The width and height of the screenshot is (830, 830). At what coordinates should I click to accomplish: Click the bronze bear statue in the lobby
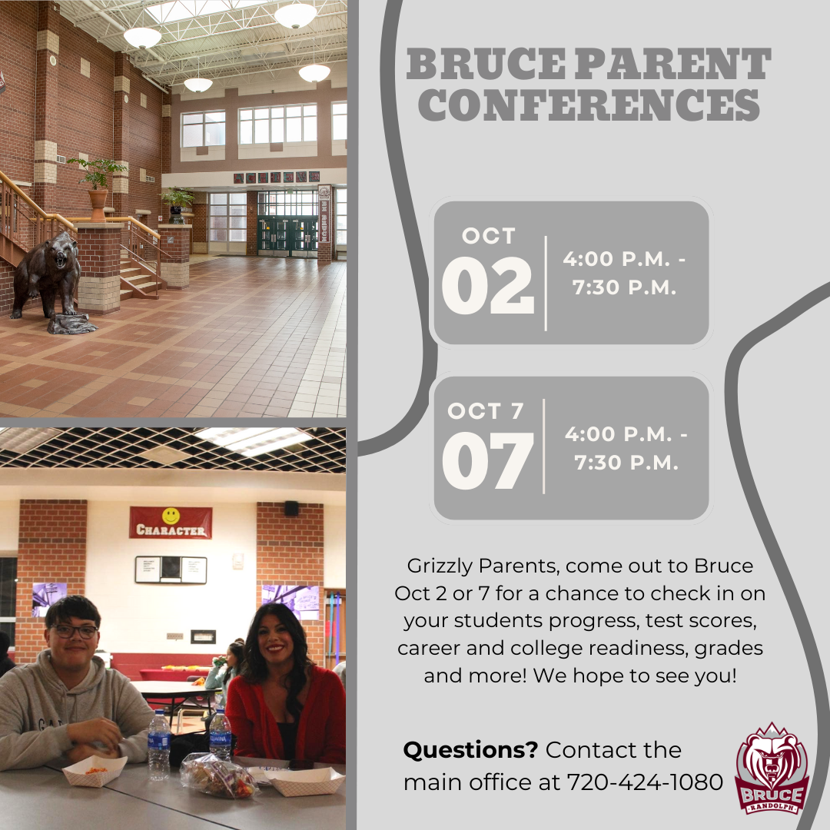50,277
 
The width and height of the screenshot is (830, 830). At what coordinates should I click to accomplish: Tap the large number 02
487,286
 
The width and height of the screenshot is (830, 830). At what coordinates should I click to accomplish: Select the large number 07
487,462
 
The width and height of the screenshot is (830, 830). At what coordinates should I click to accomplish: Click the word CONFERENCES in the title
593,105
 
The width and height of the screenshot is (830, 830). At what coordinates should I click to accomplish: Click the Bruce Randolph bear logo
772,768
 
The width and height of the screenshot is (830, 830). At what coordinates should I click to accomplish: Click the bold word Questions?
471,749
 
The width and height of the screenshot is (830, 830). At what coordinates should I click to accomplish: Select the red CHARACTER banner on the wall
171,523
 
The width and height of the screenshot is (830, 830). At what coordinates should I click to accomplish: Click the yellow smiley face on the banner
171,516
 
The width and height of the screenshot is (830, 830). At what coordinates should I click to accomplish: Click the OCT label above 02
489,235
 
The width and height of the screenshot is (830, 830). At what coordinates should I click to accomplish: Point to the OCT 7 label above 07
485,411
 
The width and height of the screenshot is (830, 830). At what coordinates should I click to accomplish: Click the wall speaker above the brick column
291,508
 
